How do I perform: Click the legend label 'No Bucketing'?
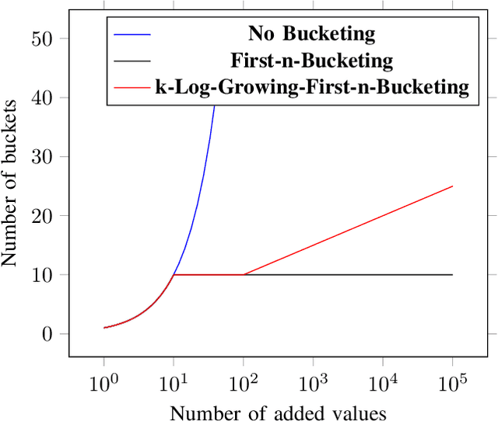tap(311, 33)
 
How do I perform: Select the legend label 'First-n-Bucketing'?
tap(311, 61)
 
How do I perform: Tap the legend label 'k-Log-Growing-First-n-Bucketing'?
tap(311, 88)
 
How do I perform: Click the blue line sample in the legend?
tap(132, 34)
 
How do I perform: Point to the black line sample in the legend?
tap(132, 61)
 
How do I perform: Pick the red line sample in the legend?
tap(132, 89)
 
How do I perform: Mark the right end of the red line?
tap(452, 186)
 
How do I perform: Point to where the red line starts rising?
tap(244, 274)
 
